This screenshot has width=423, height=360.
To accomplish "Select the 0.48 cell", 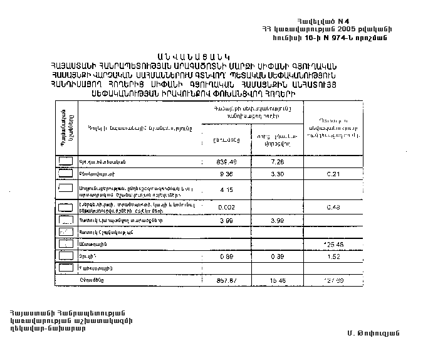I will [333, 207].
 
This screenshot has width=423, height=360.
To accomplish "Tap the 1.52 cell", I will [333, 256].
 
